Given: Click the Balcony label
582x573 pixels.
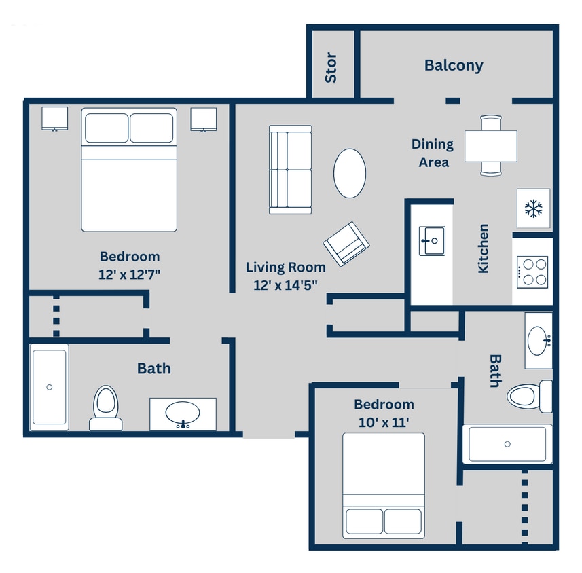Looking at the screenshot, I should [454, 65].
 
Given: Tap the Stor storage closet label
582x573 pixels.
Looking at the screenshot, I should [331, 67].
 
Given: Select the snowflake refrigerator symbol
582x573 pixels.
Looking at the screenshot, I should [534, 209].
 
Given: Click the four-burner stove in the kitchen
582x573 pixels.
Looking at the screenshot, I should [532, 272].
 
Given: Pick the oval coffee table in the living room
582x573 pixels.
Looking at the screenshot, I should [350, 173].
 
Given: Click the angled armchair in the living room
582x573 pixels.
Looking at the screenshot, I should [346, 243].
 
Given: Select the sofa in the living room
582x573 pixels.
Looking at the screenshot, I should [290, 169].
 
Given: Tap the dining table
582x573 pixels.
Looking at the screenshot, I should [490, 146].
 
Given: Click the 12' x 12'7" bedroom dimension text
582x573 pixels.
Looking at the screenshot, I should [130, 274].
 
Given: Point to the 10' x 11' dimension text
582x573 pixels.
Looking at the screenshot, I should [384, 422].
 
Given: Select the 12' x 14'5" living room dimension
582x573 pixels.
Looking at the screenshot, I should [285, 285].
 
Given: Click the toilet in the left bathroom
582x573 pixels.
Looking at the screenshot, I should [105, 407].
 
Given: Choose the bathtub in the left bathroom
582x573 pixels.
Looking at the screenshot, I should [49, 386].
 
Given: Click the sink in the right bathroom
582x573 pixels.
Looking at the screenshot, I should [538, 337].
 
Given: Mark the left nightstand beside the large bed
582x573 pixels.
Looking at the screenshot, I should [54, 119].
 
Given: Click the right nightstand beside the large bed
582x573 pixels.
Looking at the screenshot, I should [203, 119].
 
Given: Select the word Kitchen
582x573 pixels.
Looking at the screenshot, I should [484, 248].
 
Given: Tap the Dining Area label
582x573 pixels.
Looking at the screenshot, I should [433, 153].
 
